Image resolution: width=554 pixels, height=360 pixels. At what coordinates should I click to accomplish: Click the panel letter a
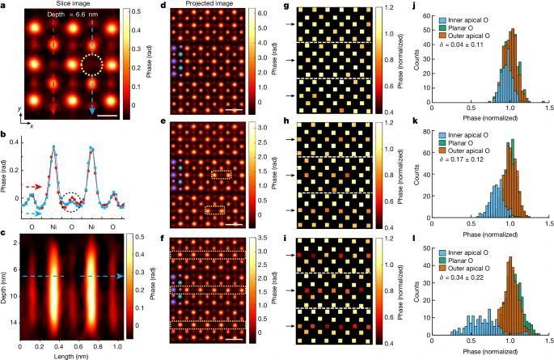coord(5,5)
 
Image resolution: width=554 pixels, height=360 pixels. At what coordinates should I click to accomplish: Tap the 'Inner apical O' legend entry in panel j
coord(469,15)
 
